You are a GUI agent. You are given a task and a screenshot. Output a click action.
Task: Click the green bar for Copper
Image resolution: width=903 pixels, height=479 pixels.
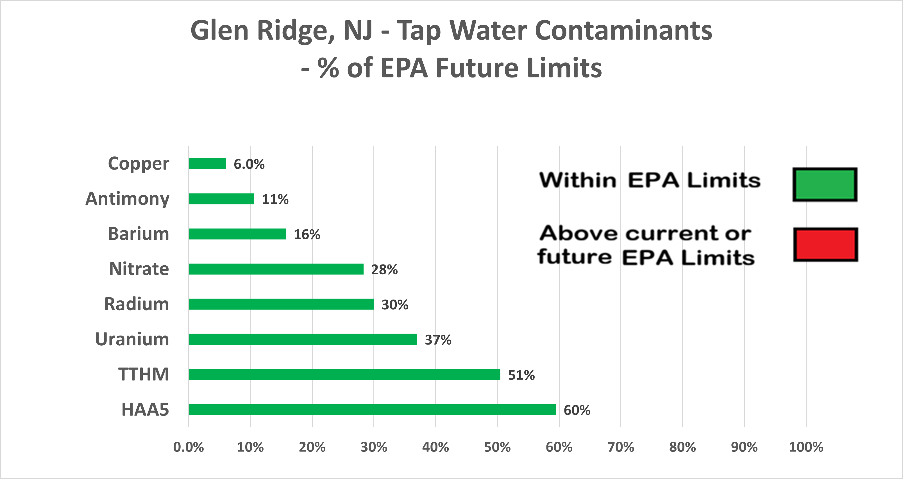click(x=207, y=164)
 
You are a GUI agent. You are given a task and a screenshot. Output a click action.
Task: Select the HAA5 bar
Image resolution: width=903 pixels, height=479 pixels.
click(x=372, y=410)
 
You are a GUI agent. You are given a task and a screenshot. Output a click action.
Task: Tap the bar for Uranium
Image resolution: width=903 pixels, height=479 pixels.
click(x=303, y=339)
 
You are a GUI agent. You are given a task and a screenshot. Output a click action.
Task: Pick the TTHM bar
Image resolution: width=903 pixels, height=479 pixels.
click(x=344, y=375)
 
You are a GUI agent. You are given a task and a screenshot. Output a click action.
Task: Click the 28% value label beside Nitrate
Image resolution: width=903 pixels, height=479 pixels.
click(x=384, y=270)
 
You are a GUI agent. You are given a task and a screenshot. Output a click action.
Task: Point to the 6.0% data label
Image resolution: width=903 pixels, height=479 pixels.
click(x=249, y=164)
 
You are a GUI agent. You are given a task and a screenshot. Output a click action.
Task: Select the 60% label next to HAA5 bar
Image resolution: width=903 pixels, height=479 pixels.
click(x=577, y=410)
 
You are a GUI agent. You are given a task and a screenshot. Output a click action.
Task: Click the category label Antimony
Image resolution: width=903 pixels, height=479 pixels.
click(x=127, y=199)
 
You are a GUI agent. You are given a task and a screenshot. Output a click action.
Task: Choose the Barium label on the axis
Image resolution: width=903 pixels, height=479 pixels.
click(x=138, y=234)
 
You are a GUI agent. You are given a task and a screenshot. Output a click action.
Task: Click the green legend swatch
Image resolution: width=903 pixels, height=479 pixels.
click(x=825, y=185)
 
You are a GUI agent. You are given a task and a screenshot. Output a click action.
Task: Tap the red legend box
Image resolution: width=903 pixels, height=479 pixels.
click(x=825, y=245)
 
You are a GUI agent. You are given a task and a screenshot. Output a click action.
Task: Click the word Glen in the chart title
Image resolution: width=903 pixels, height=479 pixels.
click(x=219, y=31)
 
